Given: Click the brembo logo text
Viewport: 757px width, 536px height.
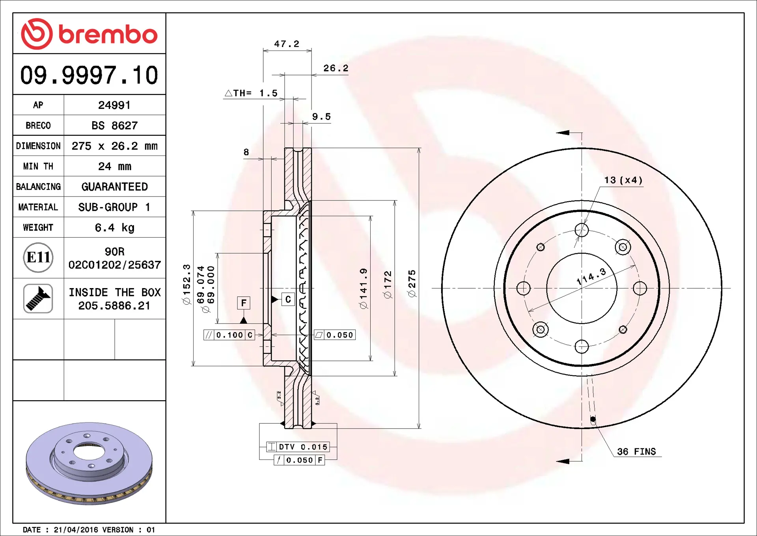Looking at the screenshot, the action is (x=108, y=34).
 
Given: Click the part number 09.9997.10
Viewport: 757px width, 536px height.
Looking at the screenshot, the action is (x=89, y=75).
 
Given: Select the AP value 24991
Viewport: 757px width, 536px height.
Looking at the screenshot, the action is (x=114, y=105).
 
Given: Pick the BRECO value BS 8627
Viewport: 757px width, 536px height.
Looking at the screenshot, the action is (x=114, y=126).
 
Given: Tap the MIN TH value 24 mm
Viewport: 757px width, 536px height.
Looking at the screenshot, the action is (x=114, y=166).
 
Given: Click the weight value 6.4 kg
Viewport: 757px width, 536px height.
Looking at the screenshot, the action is (x=114, y=228).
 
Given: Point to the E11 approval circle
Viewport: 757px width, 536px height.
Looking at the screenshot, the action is (x=38, y=257).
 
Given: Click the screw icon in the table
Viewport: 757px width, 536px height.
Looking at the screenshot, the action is (x=38, y=298).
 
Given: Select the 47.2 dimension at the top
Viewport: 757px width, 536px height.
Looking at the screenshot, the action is (x=287, y=44).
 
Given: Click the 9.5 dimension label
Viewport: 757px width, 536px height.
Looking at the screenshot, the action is (x=321, y=116).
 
